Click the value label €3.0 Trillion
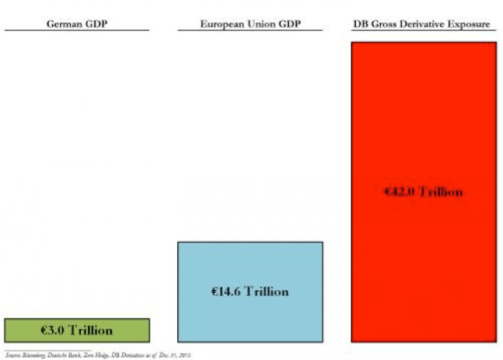click(76, 330)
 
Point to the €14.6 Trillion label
click(250, 291)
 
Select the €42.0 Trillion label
click(423, 191)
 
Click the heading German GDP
click(76, 22)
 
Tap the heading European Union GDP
click(250, 22)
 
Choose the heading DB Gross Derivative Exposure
click(423, 22)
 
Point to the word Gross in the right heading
click(385, 22)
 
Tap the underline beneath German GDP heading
click(76, 30)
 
